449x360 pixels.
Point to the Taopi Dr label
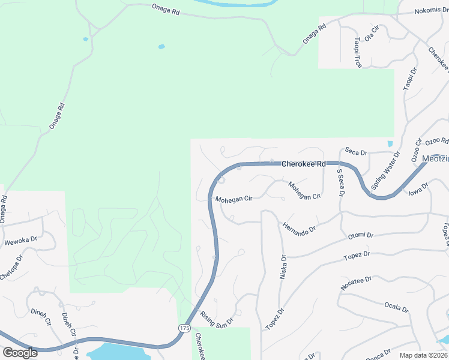410,79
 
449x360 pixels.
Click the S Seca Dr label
340,183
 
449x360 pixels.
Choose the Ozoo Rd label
436,142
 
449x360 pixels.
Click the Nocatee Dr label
357,283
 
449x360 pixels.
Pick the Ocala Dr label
397,307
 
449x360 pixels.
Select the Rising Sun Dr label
215,319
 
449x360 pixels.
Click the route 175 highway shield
184,328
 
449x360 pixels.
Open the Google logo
20,352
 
